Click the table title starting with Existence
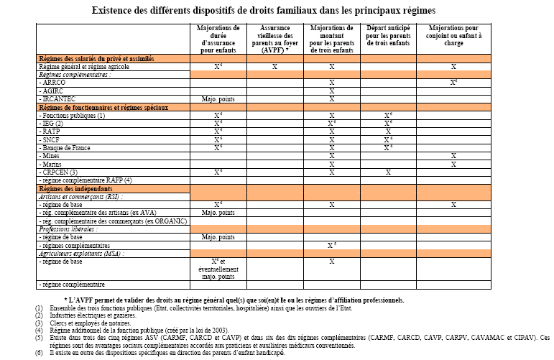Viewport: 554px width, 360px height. [277, 11]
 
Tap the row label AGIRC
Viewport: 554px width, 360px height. [55, 91]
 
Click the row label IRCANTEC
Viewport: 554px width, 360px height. [60, 98]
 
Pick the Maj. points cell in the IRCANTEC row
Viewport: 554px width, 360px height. [218, 98]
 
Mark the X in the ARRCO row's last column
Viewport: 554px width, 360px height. [454, 83]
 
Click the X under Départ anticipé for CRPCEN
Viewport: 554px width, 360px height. [388, 172]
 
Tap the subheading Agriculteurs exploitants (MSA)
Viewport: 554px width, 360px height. [81, 253]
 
